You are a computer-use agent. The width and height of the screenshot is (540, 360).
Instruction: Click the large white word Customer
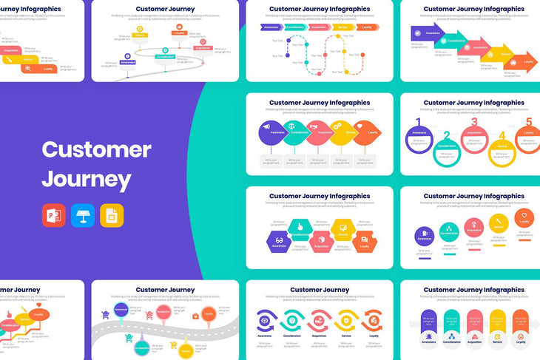pos(96,150)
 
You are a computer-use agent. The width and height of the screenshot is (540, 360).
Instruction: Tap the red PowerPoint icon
pos(53,214)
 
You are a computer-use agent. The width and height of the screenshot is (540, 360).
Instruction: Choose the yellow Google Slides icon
pos(112,214)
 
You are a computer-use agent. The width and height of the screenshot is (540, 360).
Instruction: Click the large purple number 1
pos(418,123)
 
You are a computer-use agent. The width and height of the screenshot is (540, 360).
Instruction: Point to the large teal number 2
pos(447,136)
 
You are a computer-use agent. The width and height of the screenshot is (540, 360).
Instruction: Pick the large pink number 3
pos(474,123)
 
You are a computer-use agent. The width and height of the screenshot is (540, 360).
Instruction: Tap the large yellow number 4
pos(502,136)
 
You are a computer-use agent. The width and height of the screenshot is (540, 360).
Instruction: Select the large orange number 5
pos(528,123)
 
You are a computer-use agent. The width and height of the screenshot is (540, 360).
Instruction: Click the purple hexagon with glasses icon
pos(279,241)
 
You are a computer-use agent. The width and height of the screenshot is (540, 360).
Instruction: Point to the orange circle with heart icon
pos(524,220)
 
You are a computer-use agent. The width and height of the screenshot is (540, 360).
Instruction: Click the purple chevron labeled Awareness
pos(271,27)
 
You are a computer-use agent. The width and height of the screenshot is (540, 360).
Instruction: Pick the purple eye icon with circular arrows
pos(266,320)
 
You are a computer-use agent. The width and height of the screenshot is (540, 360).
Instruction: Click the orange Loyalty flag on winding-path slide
pos(179,33)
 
